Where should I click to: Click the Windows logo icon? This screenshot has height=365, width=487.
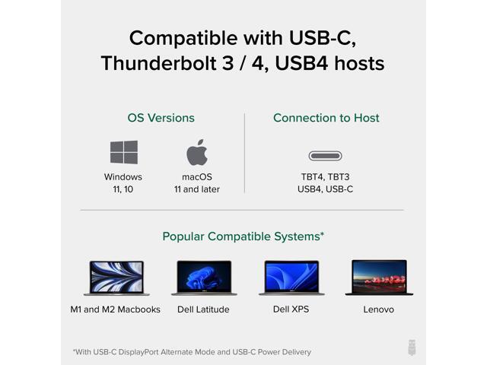[x=123, y=152]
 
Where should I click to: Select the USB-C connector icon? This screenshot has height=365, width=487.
[x=325, y=156]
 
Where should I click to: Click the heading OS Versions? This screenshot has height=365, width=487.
[x=161, y=118]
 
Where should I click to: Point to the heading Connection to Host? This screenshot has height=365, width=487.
[x=326, y=118]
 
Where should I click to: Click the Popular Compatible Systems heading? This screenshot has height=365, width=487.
[x=243, y=236]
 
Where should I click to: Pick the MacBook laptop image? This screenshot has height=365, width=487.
[x=116, y=278]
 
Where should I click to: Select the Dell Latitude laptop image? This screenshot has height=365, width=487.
[x=204, y=278]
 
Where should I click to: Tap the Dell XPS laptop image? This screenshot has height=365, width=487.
[x=291, y=278]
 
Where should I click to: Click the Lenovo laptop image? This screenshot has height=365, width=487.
[x=379, y=278]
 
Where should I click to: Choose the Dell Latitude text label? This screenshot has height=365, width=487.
[x=204, y=309]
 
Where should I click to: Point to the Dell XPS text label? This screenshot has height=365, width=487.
[x=291, y=309]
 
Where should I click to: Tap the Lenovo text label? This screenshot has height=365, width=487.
[x=379, y=309]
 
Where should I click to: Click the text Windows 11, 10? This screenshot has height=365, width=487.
[x=123, y=182]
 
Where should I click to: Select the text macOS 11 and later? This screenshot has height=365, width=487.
[x=197, y=182]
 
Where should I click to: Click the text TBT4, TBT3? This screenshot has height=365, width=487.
[x=325, y=176]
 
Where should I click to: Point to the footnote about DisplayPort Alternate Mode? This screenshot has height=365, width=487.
[x=192, y=352]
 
